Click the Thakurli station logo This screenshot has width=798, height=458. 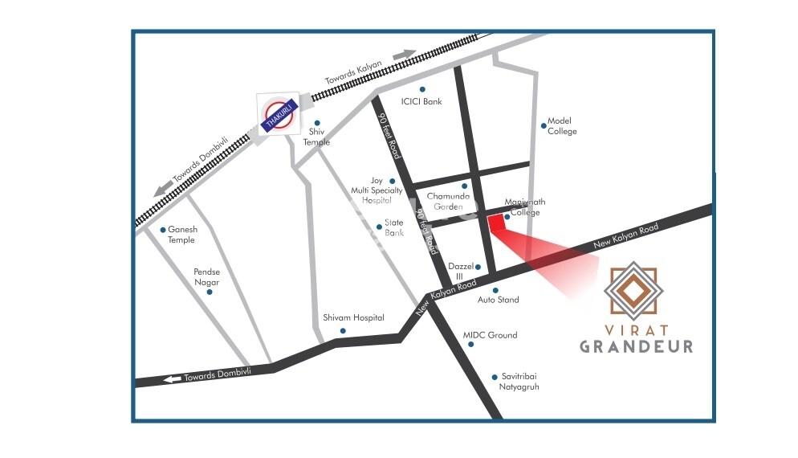pyautogui.click(x=277, y=113)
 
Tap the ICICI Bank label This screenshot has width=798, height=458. pyautogui.click(x=421, y=102)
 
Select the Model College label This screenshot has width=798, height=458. pyautogui.click(x=561, y=126)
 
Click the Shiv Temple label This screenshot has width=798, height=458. pyautogui.click(x=316, y=137)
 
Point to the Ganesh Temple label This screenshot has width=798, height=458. pyautogui.click(x=182, y=235)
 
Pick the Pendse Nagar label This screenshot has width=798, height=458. pyautogui.click(x=206, y=277)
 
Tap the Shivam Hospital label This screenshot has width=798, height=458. pyautogui.click(x=353, y=318)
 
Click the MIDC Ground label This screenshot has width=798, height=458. pyautogui.click(x=490, y=335)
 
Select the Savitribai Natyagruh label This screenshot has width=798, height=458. pyautogui.click(x=519, y=382)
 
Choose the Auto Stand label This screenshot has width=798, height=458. pyautogui.click(x=498, y=300)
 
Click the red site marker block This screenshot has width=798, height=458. pyautogui.click(x=497, y=223)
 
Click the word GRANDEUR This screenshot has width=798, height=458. pyautogui.click(x=636, y=346)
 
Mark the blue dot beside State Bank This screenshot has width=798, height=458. pyautogui.click(x=379, y=227)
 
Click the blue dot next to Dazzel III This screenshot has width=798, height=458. pyautogui.click(x=478, y=267)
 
